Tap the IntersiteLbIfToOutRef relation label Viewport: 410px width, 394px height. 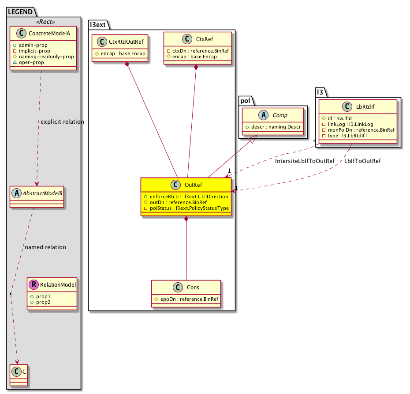[305, 161]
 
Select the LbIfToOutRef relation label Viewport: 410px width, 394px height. [362, 161]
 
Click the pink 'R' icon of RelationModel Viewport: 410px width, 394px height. [33, 285]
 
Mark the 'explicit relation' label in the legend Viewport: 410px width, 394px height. [61, 121]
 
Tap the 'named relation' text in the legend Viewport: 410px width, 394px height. [45, 247]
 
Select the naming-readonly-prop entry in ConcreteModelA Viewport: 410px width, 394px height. [46, 57]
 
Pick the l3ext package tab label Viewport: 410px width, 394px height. [98, 25]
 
